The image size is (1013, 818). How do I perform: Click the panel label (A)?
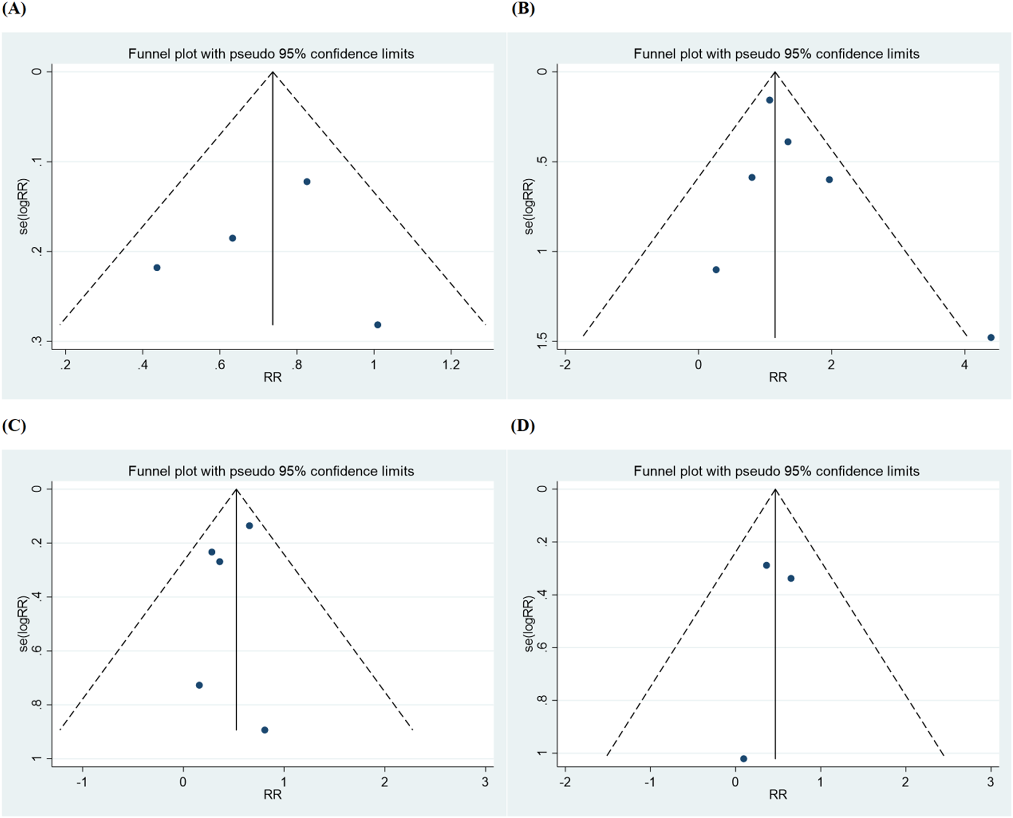click(x=14, y=9)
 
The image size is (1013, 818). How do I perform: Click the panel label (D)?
click(x=522, y=426)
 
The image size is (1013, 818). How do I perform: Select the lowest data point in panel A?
click(x=378, y=325)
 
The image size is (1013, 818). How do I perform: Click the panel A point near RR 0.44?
click(x=157, y=268)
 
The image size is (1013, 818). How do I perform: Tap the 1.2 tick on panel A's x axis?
click(x=451, y=365)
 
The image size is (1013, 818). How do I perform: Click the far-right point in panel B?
click(x=991, y=337)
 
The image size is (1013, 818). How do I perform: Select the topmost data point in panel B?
click(x=769, y=100)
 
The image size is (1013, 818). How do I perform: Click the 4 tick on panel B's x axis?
click(x=965, y=365)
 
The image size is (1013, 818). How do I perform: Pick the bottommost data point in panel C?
click(x=264, y=730)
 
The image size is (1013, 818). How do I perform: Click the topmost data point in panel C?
click(x=249, y=525)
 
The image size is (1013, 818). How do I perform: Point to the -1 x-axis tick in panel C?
click(x=82, y=782)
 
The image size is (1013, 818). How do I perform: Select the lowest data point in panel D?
click(x=743, y=758)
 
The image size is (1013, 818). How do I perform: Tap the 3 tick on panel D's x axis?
click(x=990, y=782)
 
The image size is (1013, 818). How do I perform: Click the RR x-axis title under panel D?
click(x=777, y=795)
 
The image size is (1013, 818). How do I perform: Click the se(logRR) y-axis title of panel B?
click(x=528, y=206)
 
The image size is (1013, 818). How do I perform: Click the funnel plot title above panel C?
click(x=271, y=471)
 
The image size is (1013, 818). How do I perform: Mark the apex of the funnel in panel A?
click(x=272, y=72)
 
